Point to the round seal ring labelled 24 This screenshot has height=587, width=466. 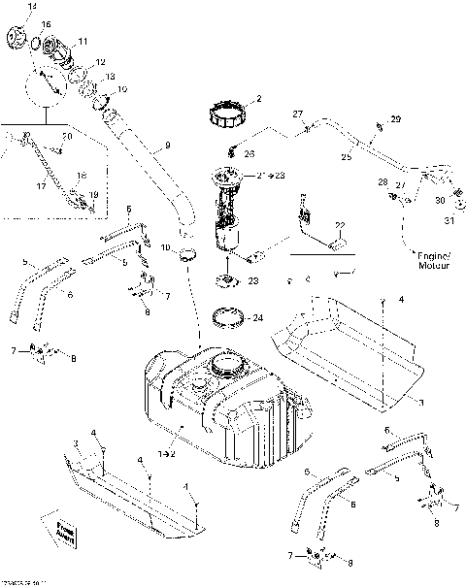(228, 317)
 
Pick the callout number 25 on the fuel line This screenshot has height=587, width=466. (347, 156)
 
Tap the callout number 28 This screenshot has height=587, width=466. (383, 182)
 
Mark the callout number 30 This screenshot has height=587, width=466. (439, 201)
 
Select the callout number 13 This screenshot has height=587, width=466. (109, 77)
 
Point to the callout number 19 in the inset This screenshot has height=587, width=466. (94, 195)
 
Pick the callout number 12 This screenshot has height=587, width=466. (101, 62)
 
